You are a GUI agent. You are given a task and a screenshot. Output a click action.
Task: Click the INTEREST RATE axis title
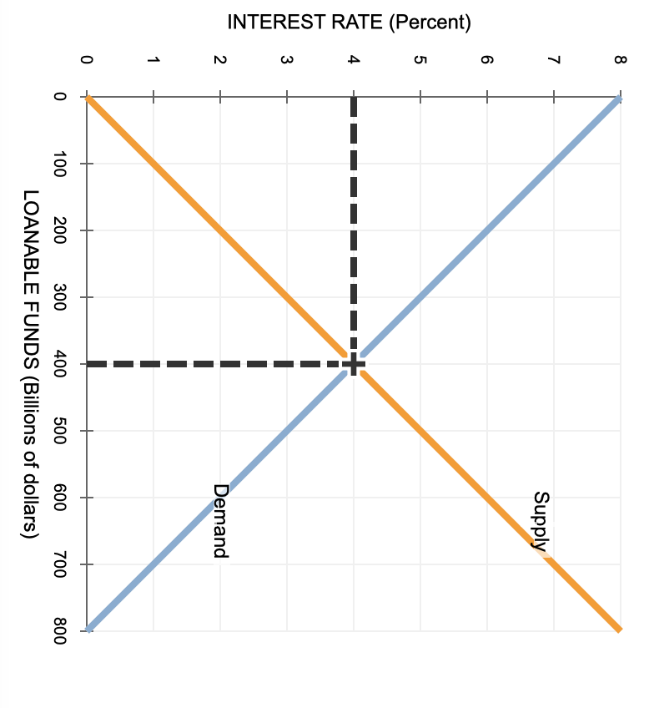[349, 22]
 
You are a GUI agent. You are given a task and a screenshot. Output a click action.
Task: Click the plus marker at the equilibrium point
[354, 364]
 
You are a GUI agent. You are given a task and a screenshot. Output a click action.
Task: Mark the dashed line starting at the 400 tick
[217, 364]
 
